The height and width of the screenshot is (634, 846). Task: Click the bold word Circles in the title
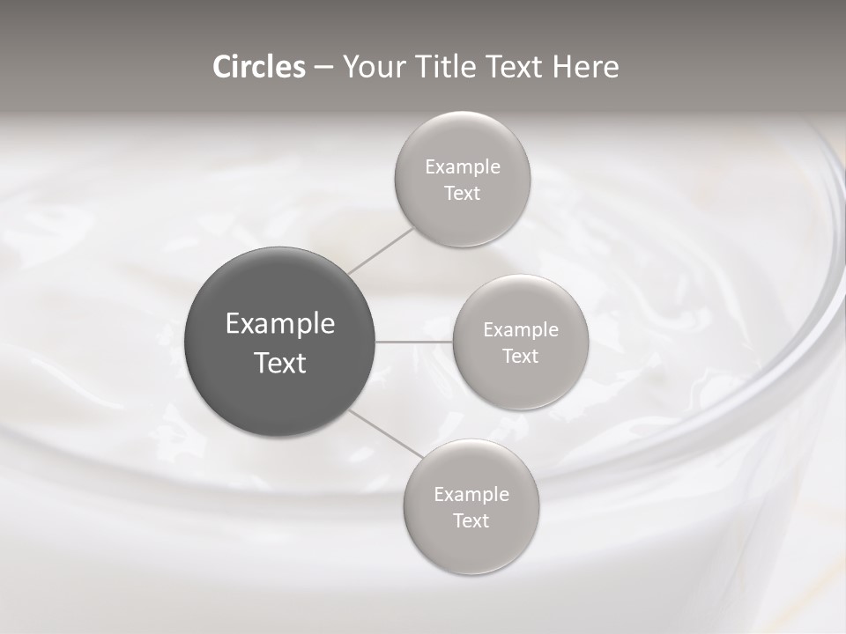pyautogui.click(x=259, y=67)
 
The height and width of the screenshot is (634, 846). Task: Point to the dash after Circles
pyautogui.click(x=323, y=68)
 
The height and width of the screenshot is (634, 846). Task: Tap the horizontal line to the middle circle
pyautogui.click(x=414, y=342)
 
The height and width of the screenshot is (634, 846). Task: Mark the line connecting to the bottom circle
pyautogui.click(x=386, y=433)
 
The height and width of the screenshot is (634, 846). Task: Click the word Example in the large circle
pyautogui.click(x=280, y=324)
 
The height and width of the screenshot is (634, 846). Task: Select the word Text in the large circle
pyautogui.click(x=280, y=363)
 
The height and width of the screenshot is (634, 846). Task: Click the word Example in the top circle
pyautogui.click(x=463, y=167)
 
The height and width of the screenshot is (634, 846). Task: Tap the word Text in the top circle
pyautogui.click(x=462, y=194)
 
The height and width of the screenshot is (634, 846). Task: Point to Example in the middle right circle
pyautogui.click(x=521, y=330)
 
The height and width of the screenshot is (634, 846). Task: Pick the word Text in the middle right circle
pyautogui.click(x=520, y=357)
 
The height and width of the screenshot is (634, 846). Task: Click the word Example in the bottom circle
pyautogui.click(x=471, y=495)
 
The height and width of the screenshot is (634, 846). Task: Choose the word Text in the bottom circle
pyautogui.click(x=471, y=521)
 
